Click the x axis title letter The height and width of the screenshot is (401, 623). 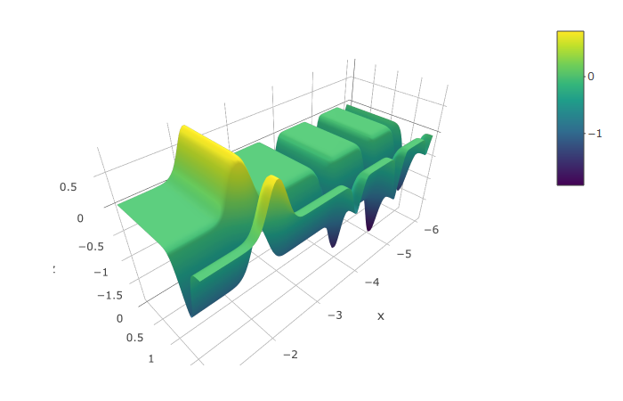[x=381, y=316]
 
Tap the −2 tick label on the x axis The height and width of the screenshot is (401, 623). [x=290, y=355]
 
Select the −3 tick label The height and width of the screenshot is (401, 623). [x=335, y=315]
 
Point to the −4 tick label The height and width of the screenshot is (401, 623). [x=372, y=282]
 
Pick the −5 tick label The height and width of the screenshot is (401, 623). [x=404, y=254]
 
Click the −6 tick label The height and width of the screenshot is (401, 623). [x=431, y=230]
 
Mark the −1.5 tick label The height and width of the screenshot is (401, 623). [x=110, y=296]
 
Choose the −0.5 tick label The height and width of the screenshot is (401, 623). [x=92, y=247]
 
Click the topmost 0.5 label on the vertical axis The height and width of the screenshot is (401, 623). [x=68, y=187]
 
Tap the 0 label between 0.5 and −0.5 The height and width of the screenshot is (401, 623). [x=80, y=218]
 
